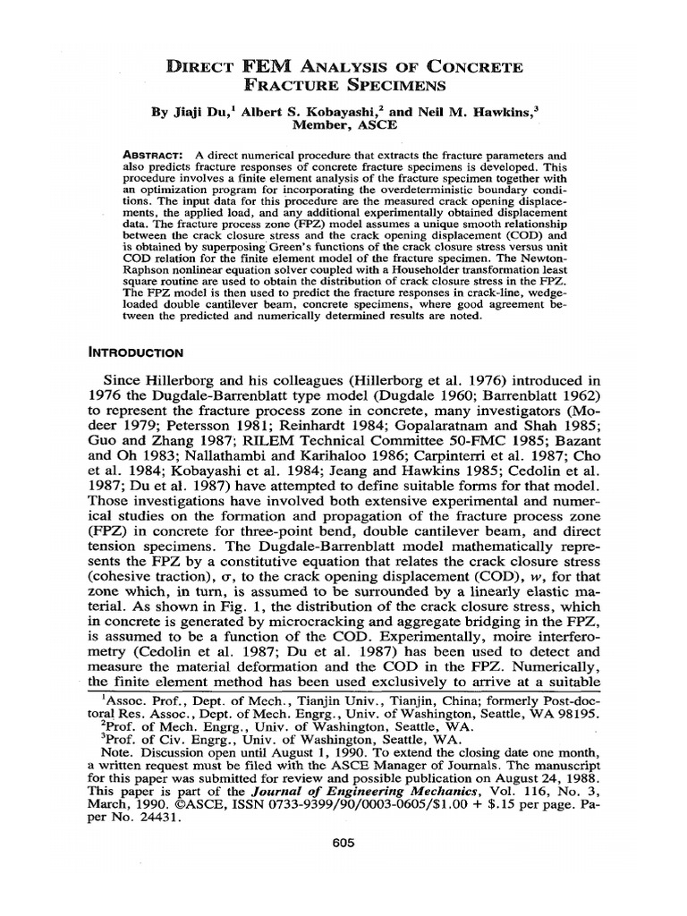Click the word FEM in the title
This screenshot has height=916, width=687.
pyautogui.click(x=266, y=68)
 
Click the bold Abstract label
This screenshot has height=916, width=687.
pyautogui.click(x=154, y=156)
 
